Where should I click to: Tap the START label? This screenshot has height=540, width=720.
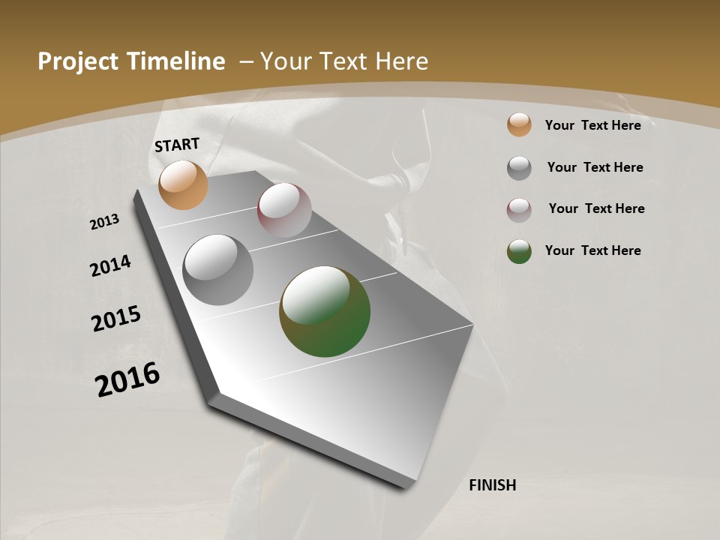177,145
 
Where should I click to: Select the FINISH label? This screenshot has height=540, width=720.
493,485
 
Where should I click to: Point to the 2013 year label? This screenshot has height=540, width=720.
104,222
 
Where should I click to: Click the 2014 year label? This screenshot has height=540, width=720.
110,265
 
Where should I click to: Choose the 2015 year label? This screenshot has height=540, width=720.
116,319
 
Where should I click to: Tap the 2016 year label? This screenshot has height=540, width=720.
127,379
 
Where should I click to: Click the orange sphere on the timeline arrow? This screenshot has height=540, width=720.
184,184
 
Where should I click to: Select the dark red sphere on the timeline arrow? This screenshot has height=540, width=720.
284,210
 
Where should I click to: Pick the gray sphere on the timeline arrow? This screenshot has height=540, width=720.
218,270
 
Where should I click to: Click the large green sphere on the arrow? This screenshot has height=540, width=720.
325,311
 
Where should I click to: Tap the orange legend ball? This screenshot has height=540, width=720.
519,125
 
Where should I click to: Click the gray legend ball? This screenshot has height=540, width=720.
519,168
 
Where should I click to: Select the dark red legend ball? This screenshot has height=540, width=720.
519,210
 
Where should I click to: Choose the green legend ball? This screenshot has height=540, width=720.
519,251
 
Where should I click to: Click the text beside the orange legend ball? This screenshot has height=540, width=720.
592,125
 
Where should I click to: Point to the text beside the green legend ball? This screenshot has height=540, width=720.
592,250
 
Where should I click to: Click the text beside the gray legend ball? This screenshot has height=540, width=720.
595,167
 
